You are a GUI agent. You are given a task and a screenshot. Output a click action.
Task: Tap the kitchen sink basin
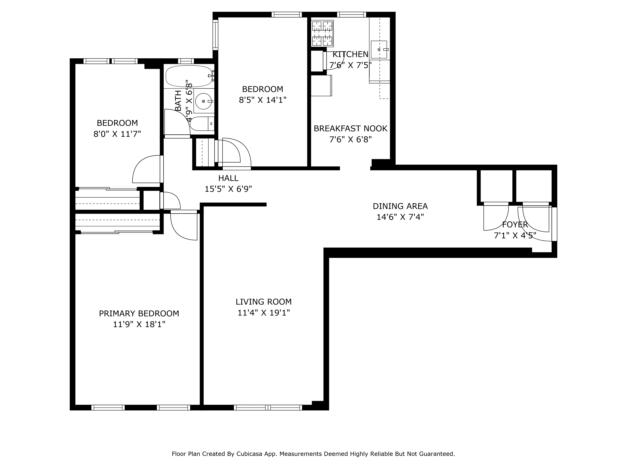pos(379,50)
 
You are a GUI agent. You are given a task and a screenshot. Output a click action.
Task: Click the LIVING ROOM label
pos(263,302)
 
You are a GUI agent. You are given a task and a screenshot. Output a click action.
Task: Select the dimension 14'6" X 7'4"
pos(400,217)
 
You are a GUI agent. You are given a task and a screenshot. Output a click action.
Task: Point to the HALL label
pos(228,178)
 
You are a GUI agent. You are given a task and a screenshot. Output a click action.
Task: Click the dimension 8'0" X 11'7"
pos(117,134)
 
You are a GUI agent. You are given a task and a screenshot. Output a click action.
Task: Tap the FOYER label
pos(515,225)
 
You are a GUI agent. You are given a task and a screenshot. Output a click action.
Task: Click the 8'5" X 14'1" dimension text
pos(263,100)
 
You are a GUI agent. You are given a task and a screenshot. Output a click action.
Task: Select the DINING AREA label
pos(400,206)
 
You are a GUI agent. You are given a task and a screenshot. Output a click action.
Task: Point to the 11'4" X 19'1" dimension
pos(263,313)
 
